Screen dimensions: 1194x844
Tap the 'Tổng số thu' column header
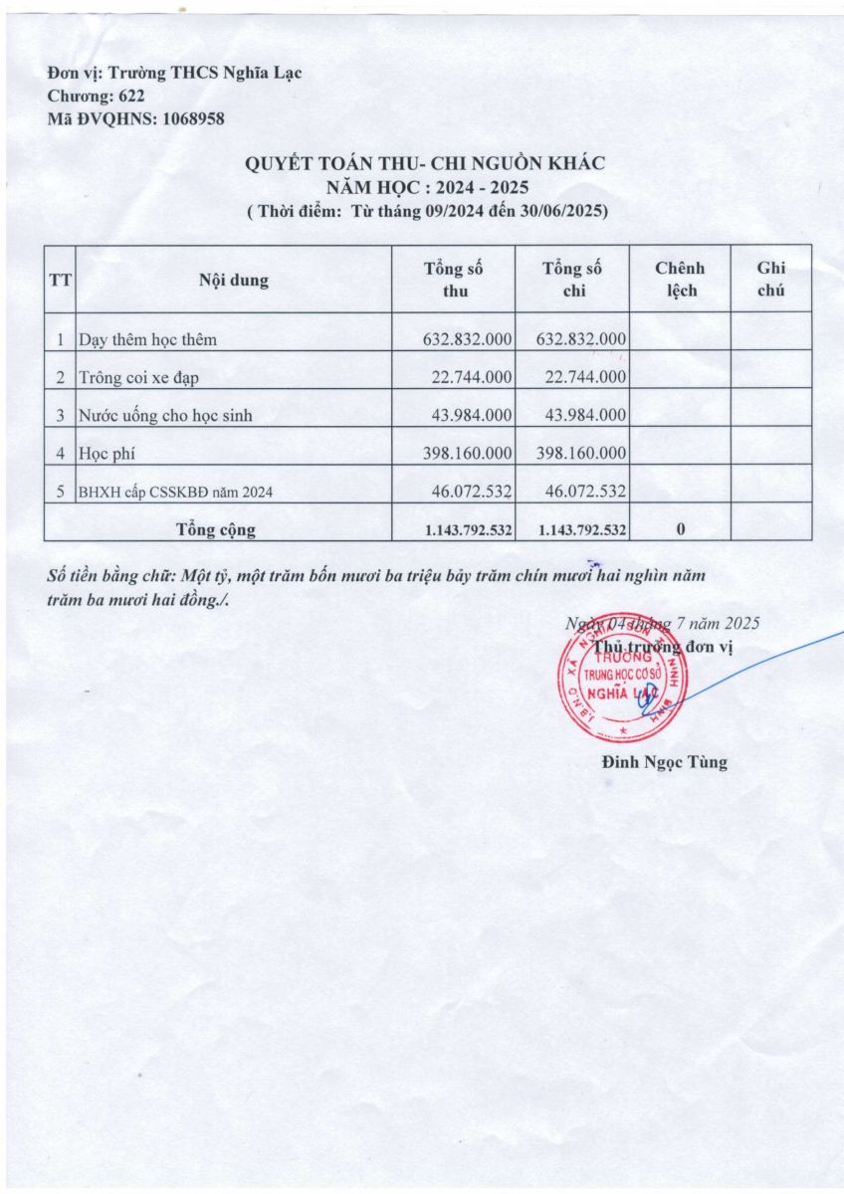tap(454, 280)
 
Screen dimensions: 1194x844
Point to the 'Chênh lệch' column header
tap(680, 280)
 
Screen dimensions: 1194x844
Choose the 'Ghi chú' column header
tap(771, 280)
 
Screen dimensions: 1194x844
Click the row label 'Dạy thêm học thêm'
tap(148, 339)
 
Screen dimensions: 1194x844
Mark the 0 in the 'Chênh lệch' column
tap(680, 530)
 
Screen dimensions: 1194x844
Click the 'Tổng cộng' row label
tap(215, 529)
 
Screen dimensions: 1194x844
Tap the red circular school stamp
tap(623, 677)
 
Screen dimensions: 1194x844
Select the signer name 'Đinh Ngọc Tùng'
tap(665, 763)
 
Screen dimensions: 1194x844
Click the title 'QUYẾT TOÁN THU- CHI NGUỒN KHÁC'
tap(425, 164)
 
